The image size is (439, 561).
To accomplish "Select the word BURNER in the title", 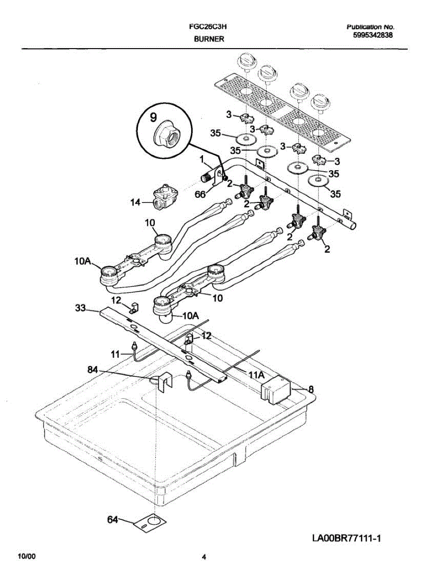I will (x=209, y=39).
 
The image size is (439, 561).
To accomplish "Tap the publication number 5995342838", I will (x=373, y=35).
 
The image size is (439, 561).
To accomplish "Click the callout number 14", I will (x=135, y=202).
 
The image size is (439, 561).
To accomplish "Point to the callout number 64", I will (x=113, y=519).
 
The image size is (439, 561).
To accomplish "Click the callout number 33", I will (x=81, y=309).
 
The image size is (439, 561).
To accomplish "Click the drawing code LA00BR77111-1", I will (x=347, y=539).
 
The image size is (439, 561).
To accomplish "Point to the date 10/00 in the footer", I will (x=26, y=556).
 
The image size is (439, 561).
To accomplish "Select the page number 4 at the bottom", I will (x=204, y=557).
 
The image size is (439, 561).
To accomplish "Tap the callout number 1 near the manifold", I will (x=202, y=159).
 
